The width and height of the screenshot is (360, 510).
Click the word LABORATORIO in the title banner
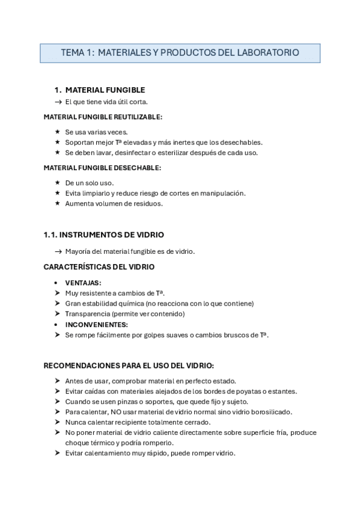click(x=269, y=53)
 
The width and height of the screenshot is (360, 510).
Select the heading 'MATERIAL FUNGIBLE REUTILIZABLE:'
click(x=103, y=117)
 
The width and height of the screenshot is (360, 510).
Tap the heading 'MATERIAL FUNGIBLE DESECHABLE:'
click(x=102, y=168)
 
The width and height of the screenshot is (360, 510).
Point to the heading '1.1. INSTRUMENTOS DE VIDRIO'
click(x=103, y=235)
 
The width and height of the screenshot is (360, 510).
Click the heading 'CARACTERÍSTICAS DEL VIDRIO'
click(x=99, y=266)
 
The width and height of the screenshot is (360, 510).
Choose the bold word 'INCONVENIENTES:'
click(x=96, y=324)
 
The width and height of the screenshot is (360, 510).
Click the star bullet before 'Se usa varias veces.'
click(x=57, y=132)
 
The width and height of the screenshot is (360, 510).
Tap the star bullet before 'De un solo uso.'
click(x=57, y=183)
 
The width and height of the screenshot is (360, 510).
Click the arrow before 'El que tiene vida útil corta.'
click(x=58, y=102)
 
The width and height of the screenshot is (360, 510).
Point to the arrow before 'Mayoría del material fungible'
click(x=58, y=251)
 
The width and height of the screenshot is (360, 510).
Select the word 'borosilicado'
click(x=270, y=412)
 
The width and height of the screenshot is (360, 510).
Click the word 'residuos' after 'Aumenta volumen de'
click(x=148, y=203)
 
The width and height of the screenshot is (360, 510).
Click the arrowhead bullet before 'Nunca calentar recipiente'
click(x=57, y=422)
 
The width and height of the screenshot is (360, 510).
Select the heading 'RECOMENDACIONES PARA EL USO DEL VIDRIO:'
click(x=129, y=365)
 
